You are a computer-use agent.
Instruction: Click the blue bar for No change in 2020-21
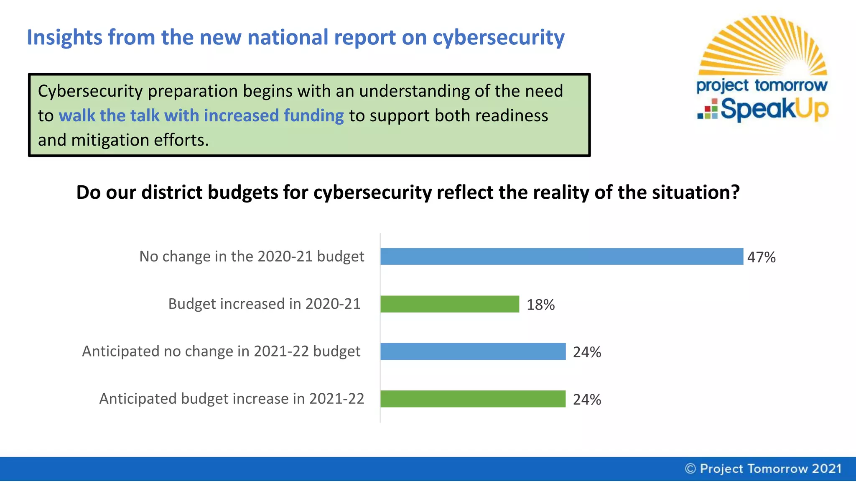(561, 256)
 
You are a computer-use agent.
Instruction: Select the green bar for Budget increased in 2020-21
(450, 304)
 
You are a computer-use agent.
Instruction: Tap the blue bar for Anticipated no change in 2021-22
(473, 351)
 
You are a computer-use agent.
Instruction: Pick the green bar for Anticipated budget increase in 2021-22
(473, 399)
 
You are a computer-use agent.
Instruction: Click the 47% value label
(761, 257)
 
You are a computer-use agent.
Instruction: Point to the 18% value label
(540, 305)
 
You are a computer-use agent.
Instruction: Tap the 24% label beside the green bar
(587, 400)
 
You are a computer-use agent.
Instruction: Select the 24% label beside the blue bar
(587, 352)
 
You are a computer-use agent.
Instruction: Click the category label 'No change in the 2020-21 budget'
(252, 256)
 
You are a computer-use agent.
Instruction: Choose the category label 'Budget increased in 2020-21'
(264, 304)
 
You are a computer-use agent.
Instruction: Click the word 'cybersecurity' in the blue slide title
(498, 38)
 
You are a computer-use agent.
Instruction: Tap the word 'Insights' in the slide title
(64, 37)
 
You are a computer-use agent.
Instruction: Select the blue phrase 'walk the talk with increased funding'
(201, 115)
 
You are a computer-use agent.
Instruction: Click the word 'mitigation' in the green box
(110, 140)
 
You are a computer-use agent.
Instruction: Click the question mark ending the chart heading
(735, 192)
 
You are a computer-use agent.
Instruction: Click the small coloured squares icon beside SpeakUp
(708, 110)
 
